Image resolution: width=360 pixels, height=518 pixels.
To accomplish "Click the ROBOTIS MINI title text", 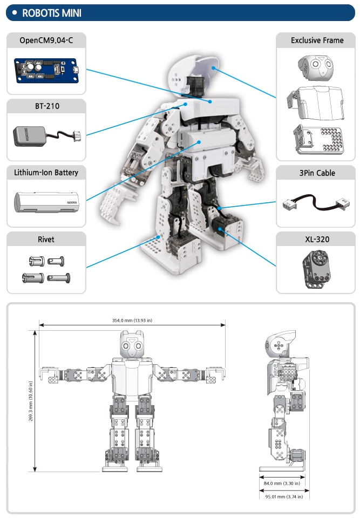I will (x=52, y=13).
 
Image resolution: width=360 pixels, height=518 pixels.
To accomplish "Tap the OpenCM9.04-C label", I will (x=46, y=40).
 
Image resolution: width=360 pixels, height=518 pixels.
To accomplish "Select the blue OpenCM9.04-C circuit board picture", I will (x=46, y=70).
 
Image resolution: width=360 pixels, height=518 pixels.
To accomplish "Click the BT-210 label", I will (x=46, y=106).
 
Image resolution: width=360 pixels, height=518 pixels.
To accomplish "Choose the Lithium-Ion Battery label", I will (x=46, y=173).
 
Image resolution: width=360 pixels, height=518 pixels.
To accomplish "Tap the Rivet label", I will (x=46, y=239).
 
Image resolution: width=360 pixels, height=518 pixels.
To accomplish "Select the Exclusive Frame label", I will (x=317, y=40).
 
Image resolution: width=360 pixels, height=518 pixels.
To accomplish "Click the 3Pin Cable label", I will (x=317, y=173).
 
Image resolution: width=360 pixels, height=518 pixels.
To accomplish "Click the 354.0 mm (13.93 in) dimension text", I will (x=132, y=321).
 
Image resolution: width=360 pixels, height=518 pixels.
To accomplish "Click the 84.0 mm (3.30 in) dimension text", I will (x=284, y=484).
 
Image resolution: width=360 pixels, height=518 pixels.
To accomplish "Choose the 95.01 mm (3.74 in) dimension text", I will (x=284, y=497).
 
